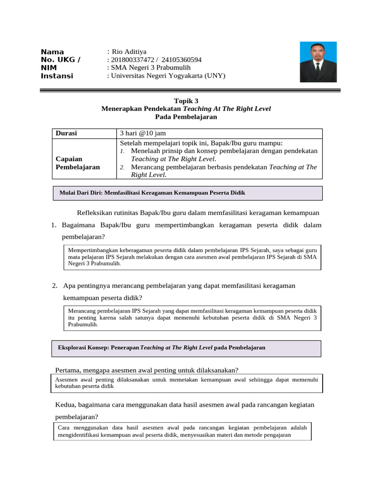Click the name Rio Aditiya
(129, 52)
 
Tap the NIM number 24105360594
(182, 60)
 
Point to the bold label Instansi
(57, 76)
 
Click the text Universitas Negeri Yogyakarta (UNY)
(168, 76)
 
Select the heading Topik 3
(186, 101)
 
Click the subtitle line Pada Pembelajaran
(186, 117)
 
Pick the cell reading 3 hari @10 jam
(143, 134)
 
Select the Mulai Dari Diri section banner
(186, 193)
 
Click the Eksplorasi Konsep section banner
(186, 348)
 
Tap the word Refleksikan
(97, 212)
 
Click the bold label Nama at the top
(52, 52)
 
